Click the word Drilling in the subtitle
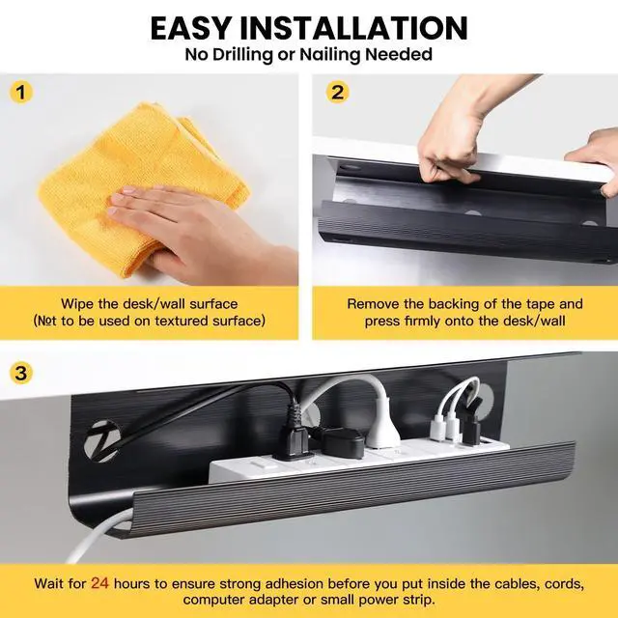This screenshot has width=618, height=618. [x=249, y=55]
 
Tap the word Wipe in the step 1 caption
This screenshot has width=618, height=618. [x=78, y=304]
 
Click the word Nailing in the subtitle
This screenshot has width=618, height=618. [x=327, y=55]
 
